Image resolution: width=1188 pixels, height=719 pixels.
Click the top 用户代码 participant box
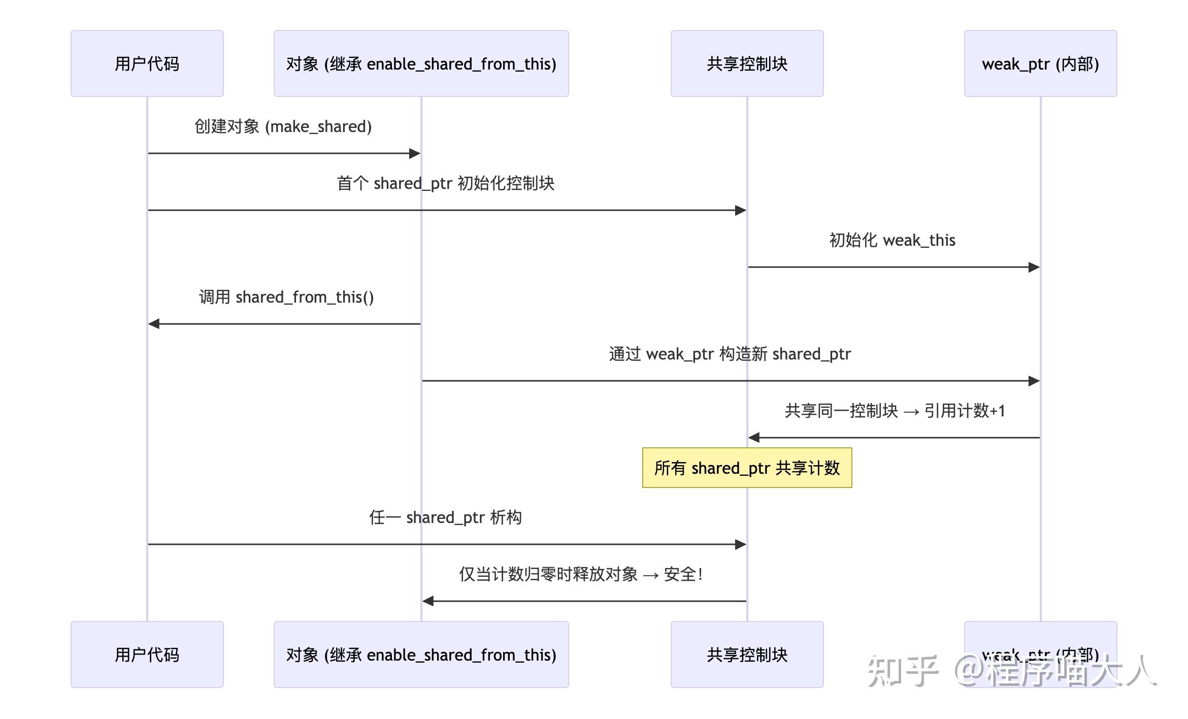[147, 63]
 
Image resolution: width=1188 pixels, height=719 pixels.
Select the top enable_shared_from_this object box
[421, 63]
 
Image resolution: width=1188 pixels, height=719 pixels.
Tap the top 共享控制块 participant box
[747, 63]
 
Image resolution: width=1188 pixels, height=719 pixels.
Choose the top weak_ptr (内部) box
[1040, 63]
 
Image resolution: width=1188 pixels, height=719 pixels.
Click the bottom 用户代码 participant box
[147, 655]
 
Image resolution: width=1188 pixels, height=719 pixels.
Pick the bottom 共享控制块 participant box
[747, 655]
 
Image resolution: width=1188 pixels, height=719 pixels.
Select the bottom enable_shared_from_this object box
[421, 655]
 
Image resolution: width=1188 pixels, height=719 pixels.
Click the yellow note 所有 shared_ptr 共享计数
[747, 468]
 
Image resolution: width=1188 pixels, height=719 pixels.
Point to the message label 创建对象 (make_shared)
[283, 126]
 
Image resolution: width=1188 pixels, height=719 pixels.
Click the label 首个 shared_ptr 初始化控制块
[445, 183]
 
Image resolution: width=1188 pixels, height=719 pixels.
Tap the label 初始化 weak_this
[892, 240]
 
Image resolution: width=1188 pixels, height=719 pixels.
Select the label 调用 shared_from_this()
[286, 297]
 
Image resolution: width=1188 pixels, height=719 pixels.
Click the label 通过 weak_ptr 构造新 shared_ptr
[730, 354]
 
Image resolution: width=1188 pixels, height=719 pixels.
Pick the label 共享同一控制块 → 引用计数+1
[895, 411]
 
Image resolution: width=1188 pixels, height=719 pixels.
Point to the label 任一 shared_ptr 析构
[445, 517]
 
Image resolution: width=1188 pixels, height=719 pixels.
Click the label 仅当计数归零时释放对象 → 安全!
[581, 574]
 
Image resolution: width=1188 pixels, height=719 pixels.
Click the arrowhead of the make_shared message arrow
[415, 153]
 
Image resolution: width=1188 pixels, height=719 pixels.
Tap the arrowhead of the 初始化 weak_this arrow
[1034, 267]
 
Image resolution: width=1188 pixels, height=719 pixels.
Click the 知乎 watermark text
[902, 671]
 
